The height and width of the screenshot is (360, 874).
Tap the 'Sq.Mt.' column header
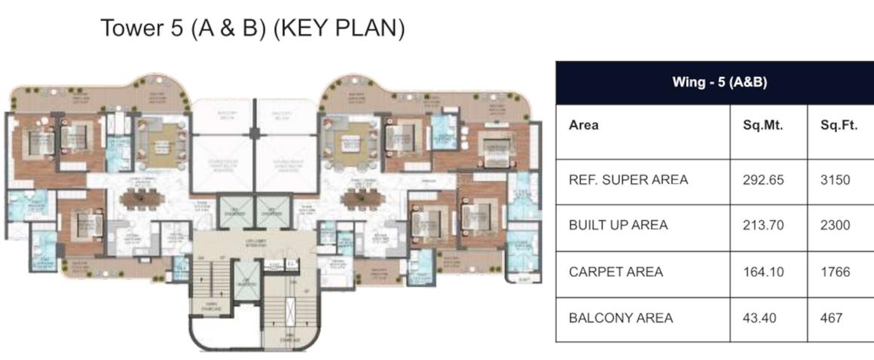coord(762,126)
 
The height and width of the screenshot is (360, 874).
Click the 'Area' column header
coord(583,126)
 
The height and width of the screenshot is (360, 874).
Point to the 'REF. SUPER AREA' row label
coord(628,180)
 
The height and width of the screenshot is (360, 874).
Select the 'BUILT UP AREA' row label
coord(618,225)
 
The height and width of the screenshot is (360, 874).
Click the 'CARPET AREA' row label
coord(616,272)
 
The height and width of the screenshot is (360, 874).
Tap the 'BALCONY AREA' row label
coord(620,318)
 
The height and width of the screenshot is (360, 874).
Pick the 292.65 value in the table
coord(763,180)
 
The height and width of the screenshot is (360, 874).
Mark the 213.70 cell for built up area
coord(763,225)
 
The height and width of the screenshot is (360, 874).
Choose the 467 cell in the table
coord(830,318)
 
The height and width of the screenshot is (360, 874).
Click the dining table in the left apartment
coord(140,199)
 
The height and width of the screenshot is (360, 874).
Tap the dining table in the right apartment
coord(362,199)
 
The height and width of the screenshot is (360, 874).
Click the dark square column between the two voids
coord(255,133)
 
